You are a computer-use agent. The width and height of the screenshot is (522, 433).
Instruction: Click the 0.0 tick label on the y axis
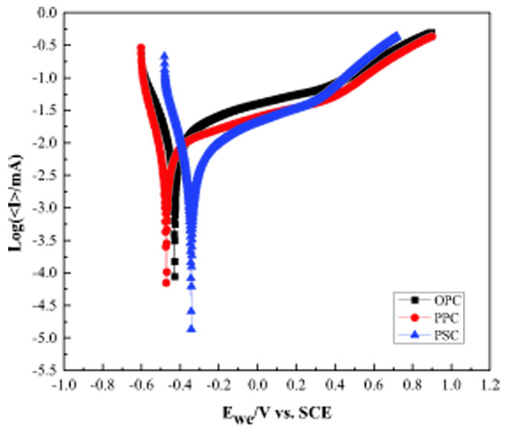46,13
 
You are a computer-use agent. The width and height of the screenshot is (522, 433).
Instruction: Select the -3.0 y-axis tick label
43,208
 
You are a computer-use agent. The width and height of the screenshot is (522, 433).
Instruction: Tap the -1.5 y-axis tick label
43,110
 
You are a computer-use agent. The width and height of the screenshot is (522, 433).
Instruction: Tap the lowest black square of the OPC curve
175,276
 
